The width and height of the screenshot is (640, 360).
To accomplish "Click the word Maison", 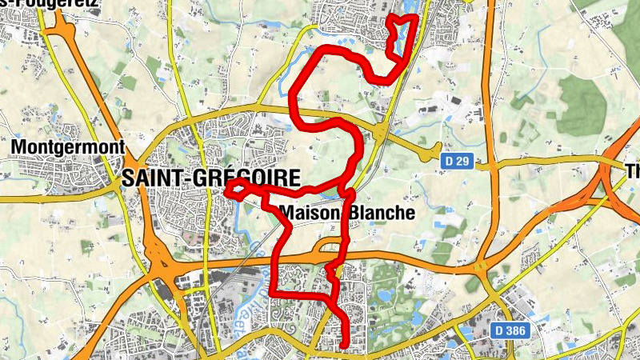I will coord(311,214).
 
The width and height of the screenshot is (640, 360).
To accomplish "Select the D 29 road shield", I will coord(457,162).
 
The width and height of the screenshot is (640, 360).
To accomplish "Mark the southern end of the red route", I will coord(345,346).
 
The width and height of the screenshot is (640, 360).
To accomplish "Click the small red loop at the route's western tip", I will coord(235,189).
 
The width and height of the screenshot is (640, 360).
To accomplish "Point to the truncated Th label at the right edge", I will coord(632,172).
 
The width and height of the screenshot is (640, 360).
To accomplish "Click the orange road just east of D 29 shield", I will coord(486,164).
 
